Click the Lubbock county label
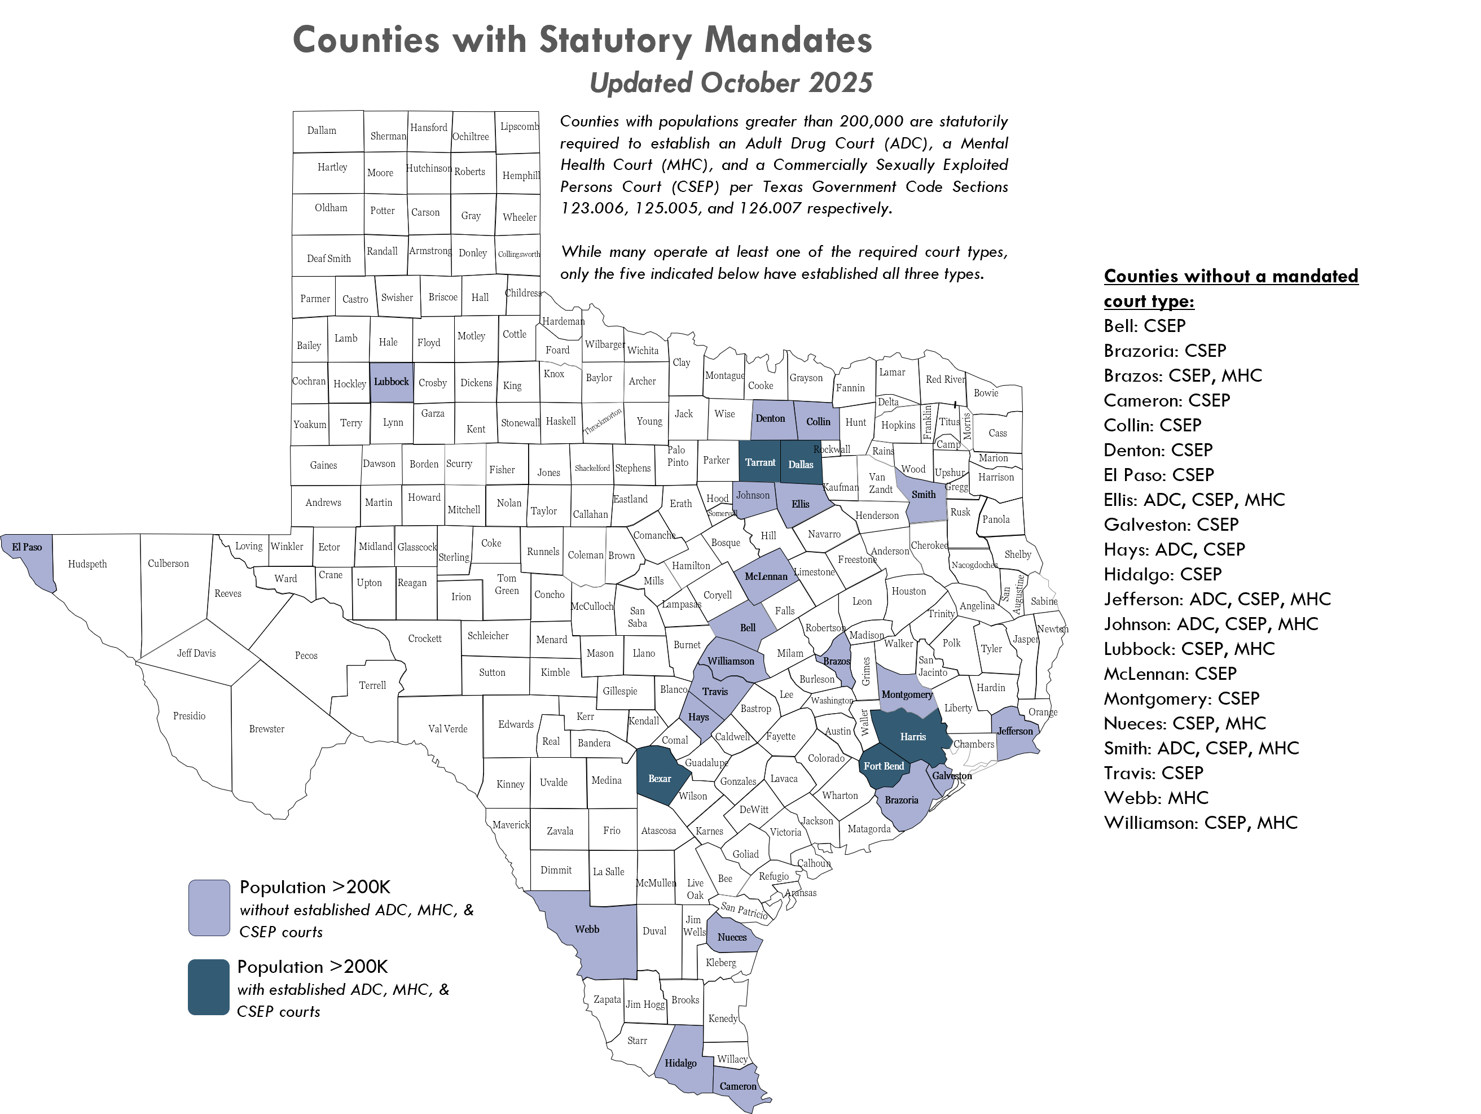pyautogui.click(x=391, y=382)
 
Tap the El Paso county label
pyautogui.click(x=27, y=547)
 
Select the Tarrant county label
pyautogui.click(x=760, y=462)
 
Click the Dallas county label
pyautogui.click(x=800, y=464)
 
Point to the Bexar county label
pyautogui.click(x=660, y=779)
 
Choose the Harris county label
pyautogui.click(x=912, y=737)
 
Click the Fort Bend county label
pyautogui.click(x=883, y=766)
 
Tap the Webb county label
pyautogui.click(x=587, y=929)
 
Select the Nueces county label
pyautogui.click(x=732, y=937)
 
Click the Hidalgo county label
pyautogui.click(x=680, y=1063)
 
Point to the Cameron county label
pyautogui.click(x=738, y=1086)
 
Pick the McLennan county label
pyautogui.click(x=766, y=576)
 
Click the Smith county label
pyautogui.click(x=923, y=495)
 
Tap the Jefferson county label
pyautogui.click(x=1015, y=731)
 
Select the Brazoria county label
pyautogui.click(x=901, y=800)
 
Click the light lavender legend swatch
pyautogui.click(x=209, y=908)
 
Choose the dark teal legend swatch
pyautogui.click(x=209, y=988)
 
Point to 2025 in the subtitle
pyautogui.click(x=840, y=83)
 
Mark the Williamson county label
pyautogui.click(x=731, y=661)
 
